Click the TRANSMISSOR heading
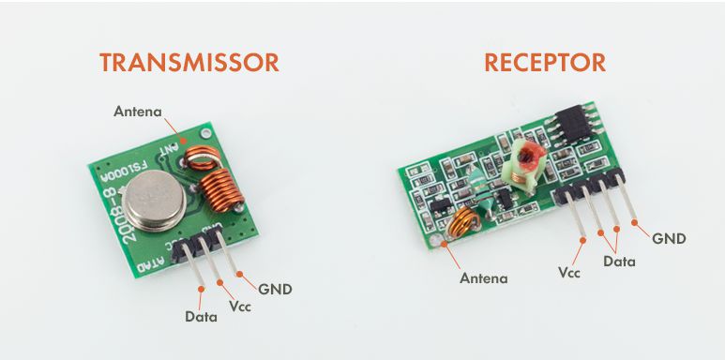pos(189,63)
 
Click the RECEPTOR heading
pos(544,63)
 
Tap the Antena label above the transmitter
pos(138,112)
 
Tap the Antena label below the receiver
pos(484,277)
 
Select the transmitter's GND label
pos(275,289)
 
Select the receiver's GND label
pos(669,238)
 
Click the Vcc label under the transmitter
pos(239,306)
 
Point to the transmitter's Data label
pos(201,317)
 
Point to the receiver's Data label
pos(619,262)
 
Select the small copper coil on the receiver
pos(461,225)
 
